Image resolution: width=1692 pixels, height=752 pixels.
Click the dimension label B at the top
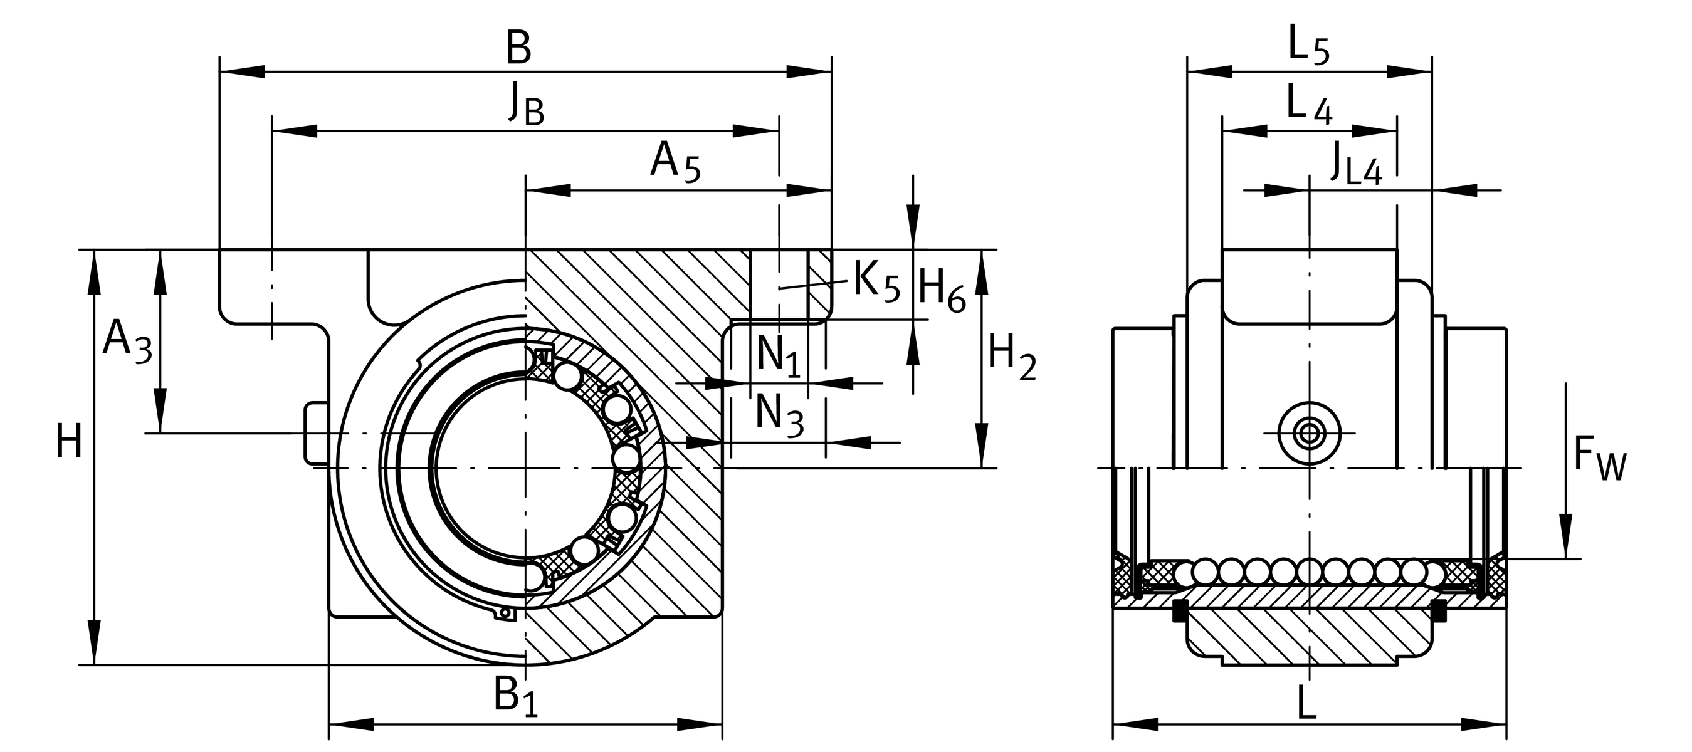(x=518, y=49)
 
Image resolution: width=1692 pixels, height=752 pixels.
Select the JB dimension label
(x=526, y=105)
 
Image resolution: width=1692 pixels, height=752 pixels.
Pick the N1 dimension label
(x=779, y=357)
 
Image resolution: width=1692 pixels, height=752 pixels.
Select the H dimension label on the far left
(x=68, y=442)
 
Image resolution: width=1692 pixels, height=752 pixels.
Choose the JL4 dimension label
(x=1356, y=164)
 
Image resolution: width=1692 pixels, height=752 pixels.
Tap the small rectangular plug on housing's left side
(x=316, y=433)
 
